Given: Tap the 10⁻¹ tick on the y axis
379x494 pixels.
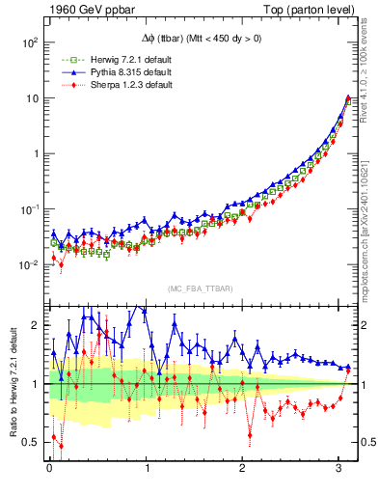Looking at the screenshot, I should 26,209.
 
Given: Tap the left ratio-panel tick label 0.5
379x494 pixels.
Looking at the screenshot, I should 30,442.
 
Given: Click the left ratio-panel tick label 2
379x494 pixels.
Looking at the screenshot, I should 35,325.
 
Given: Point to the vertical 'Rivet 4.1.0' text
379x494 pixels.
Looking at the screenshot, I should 370,63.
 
